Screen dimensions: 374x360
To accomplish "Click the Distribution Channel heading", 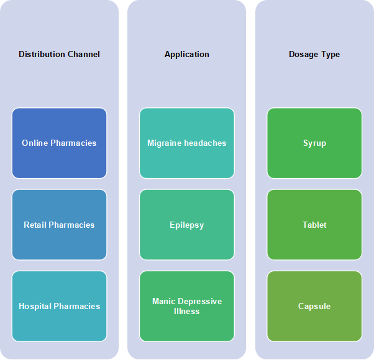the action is point(59,55).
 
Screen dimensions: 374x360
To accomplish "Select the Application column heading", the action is point(187,55).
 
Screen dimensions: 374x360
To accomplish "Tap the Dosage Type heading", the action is point(314,55).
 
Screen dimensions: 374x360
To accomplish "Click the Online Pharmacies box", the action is point(60,143).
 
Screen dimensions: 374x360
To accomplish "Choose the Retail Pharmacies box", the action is point(60,225).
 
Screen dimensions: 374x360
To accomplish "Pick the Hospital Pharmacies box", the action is point(60,307).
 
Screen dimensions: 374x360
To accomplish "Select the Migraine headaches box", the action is point(187,143).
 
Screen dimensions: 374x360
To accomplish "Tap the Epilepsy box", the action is point(187,225).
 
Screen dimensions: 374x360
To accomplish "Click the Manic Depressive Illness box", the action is point(187,307).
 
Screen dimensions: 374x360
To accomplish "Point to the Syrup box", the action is point(314,143).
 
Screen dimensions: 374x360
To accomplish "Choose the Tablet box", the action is point(314,225).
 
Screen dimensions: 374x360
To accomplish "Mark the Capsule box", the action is point(314,307).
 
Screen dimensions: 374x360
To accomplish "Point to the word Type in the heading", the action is point(331,55).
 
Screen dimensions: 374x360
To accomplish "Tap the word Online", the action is point(35,143).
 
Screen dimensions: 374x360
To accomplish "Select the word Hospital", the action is point(35,307).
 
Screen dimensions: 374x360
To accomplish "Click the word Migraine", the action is point(165,143).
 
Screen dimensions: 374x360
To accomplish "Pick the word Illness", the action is point(187,312).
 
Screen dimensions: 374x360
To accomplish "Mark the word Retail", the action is point(35,225).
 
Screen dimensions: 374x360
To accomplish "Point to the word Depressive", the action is point(200,302).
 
